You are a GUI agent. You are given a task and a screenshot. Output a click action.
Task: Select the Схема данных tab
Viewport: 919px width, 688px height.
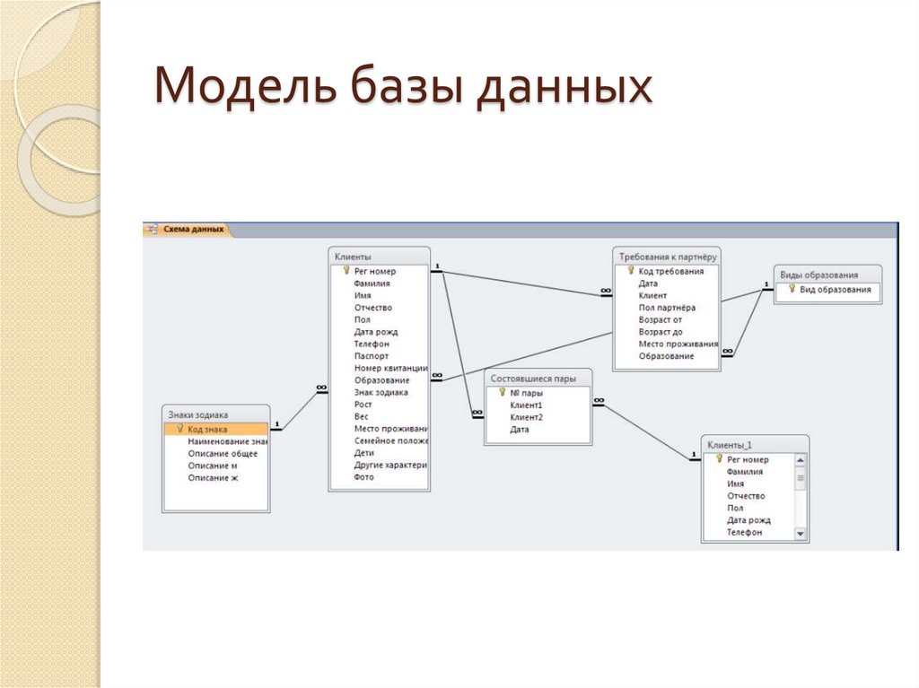[x=192, y=230]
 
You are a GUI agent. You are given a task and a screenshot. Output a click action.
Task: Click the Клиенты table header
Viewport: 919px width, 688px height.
[x=354, y=257]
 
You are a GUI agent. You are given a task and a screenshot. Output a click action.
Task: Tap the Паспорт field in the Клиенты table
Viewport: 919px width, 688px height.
[x=372, y=356]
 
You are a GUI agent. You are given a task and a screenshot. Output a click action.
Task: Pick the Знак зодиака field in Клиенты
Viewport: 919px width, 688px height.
[x=381, y=392]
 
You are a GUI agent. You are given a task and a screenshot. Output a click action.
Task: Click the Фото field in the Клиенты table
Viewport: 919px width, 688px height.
[x=363, y=477]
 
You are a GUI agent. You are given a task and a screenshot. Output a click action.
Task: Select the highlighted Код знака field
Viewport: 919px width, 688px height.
[x=207, y=429]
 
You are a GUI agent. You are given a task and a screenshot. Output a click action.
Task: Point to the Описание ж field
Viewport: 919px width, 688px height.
[x=213, y=478]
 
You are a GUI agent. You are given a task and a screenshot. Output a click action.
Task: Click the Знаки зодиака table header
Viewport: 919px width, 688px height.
[x=198, y=415]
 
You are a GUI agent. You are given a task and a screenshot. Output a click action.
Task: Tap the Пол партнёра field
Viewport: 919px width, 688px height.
[x=667, y=308]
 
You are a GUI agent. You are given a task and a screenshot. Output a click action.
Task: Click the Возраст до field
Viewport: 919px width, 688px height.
[x=661, y=332]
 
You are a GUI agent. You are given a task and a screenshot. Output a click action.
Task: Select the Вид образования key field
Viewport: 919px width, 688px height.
[x=835, y=290]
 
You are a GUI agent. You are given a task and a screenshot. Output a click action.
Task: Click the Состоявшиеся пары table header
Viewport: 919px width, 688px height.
[x=528, y=379]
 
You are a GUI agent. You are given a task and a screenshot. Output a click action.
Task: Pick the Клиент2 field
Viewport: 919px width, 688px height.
[x=526, y=417]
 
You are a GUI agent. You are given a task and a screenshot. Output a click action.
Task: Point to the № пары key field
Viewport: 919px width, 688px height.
[x=526, y=393]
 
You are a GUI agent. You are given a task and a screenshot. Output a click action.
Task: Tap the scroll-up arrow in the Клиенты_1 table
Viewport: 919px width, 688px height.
[x=801, y=459]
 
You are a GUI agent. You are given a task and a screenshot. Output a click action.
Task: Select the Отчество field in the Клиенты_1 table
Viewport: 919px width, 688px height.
[x=746, y=496]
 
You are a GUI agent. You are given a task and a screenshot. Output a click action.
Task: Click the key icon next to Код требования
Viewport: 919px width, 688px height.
[x=631, y=270]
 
